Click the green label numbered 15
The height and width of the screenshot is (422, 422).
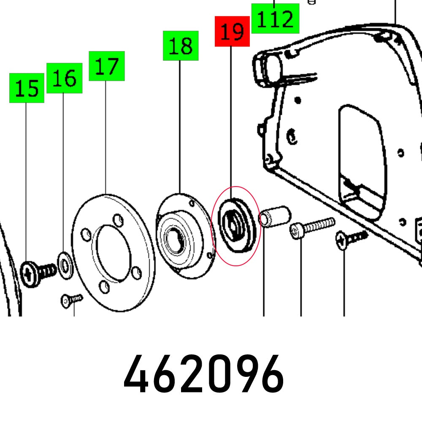coord(27,88)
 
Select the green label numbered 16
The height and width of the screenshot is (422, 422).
coord(64,78)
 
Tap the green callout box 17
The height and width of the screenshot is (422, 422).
coord(107,66)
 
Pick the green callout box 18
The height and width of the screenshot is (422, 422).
coord(181,46)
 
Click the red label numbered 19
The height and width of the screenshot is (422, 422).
coord(232,31)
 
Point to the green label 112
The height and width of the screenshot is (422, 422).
coord(275,19)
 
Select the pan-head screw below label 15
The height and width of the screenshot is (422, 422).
coord(36,274)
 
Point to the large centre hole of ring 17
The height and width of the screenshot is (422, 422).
coord(112,252)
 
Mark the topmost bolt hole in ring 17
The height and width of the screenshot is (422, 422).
coord(119,221)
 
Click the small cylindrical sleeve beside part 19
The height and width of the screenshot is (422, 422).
coord(275,215)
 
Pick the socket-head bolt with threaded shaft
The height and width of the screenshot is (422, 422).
coord(312,228)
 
